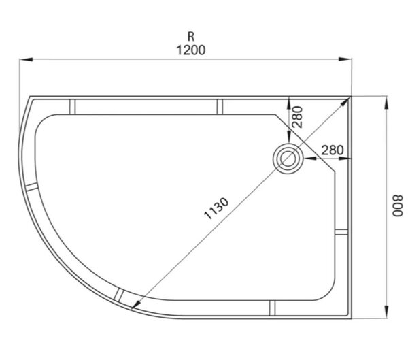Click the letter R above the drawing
point(191,37)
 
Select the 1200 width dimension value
point(190,50)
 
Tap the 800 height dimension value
point(398,206)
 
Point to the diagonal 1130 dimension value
point(216,208)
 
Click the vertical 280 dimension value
point(298,117)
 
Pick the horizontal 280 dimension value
point(333,150)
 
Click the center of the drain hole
point(288,158)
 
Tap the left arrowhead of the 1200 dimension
point(26,59)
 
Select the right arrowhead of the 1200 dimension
point(345,59)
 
